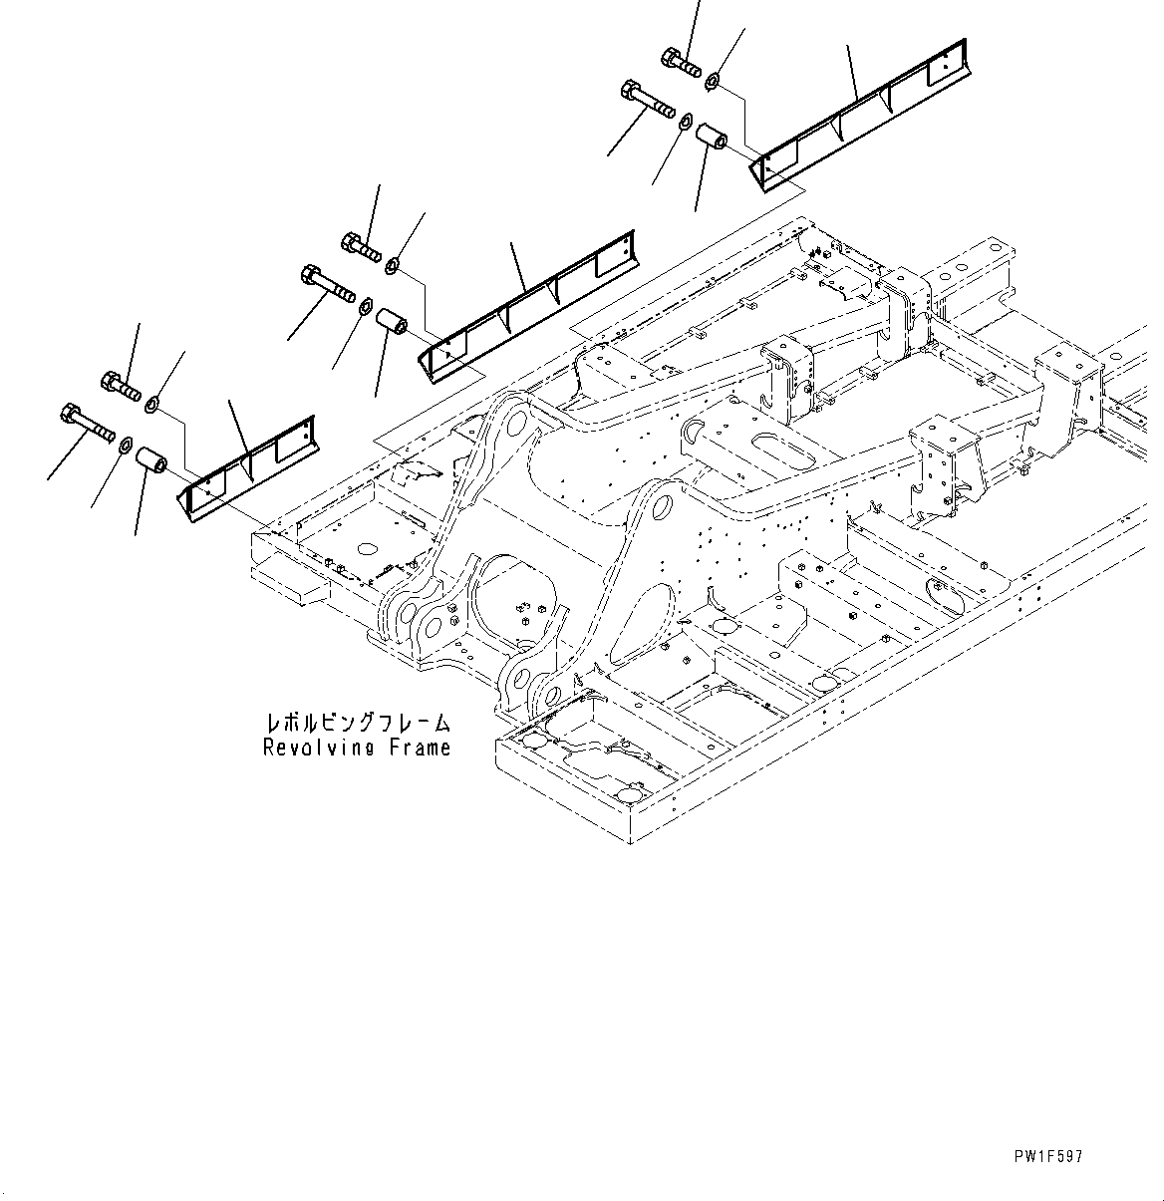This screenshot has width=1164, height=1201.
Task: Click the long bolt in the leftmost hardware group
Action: [84, 421]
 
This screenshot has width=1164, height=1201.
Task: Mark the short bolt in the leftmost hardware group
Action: [119, 384]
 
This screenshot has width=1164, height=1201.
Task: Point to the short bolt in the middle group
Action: [362, 245]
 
